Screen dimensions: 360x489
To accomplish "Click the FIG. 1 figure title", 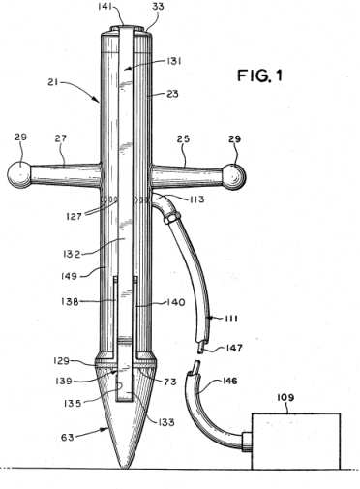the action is click(260, 76).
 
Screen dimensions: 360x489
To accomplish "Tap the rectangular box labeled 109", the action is click(296, 441).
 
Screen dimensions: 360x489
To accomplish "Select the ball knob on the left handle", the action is click(19, 173).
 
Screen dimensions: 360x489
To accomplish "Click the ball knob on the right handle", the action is click(234, 176).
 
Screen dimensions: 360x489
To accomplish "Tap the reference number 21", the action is click(52, 82).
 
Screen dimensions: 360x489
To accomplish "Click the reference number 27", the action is click(61, 138).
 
